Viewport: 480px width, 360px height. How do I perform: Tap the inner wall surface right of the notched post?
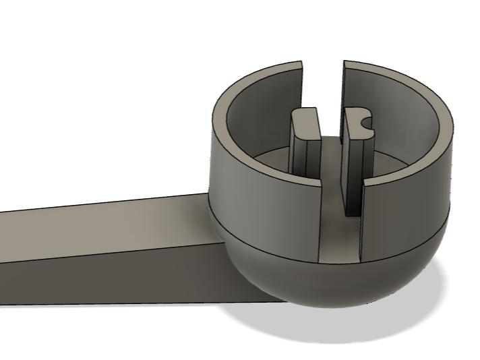pyautogui.click(x=404, y=128)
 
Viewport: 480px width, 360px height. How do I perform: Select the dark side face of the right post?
pyautogui.click(x=351, y=182)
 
